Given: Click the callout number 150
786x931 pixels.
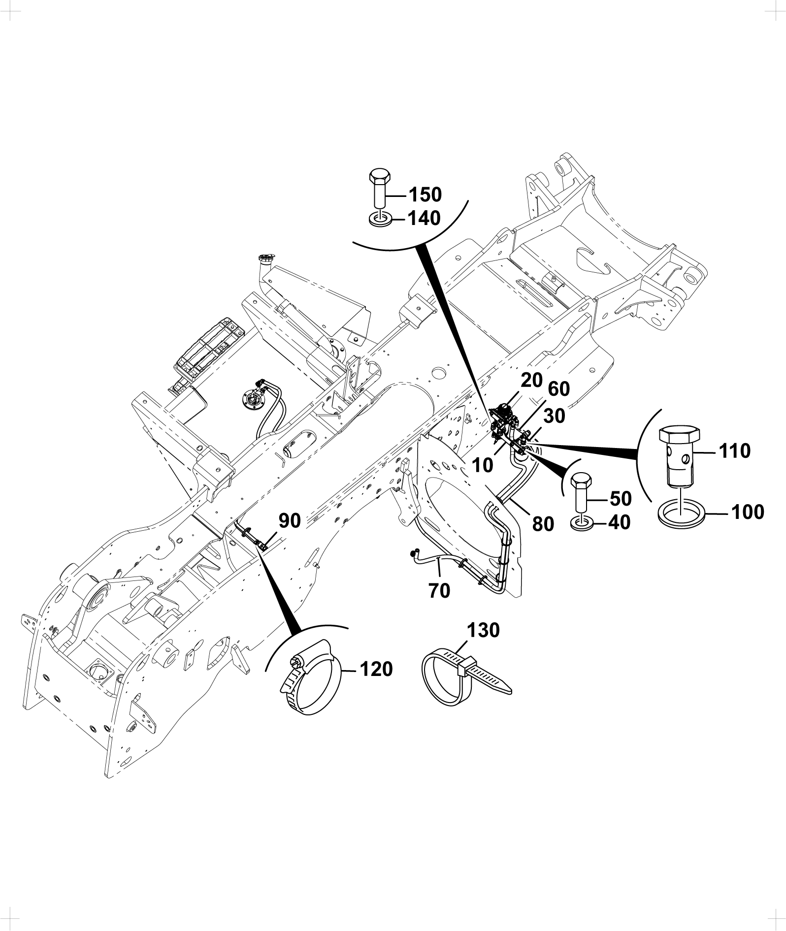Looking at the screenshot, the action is point(426,194).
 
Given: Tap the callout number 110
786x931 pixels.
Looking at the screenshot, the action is point(735,450).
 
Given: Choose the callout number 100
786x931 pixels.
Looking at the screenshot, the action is point(748,512).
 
